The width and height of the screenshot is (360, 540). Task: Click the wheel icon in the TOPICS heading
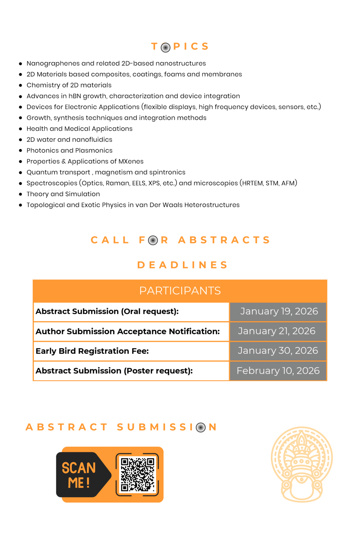tap(165, 47)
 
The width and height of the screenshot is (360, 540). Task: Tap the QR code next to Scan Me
tap(137, 474)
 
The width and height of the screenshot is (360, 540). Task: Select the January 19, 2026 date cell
tap(278, 311)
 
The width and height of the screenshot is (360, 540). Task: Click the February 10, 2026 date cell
tap(278, 371)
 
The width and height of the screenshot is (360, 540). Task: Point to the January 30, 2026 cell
tap(278, 351)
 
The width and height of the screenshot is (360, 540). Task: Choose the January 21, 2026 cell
tap(278, 331)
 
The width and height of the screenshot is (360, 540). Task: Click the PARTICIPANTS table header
tap(180, 291)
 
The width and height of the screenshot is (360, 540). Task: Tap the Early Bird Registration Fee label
tap(92, 351)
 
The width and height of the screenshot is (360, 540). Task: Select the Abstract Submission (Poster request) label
tap(114, 371)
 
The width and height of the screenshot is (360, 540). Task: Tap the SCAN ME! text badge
tap(79, 475)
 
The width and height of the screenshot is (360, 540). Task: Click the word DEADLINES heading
tap(182, 265)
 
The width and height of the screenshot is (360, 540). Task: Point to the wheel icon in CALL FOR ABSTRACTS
tap(153, 241)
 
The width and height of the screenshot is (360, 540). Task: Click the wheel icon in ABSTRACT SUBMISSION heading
tap(201, 427)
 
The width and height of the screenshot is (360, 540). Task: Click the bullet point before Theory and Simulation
tap(21, 194)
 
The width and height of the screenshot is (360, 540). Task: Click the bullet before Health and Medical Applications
tap(21, 129)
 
